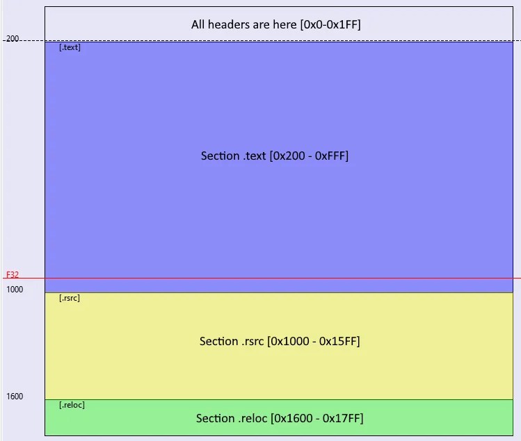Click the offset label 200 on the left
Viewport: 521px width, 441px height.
pos(13,39)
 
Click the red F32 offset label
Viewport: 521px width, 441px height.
pos(13,275)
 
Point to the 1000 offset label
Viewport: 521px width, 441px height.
pos(15,289)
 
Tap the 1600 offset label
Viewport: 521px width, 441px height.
pos(15,397)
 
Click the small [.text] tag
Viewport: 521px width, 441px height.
pos(70,48)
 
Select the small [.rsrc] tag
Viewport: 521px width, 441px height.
pos(70,299)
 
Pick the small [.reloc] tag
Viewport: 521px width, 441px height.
pos(72,405)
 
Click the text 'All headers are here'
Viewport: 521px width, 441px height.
pos(244,25)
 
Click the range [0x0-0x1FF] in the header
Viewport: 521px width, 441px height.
pos(330,25)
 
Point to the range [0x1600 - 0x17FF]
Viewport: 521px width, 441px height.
pos(317,418)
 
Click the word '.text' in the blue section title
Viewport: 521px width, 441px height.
pos(255,156)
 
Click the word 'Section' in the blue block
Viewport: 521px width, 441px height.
pos(220,156)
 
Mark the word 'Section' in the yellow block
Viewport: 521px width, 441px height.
pos(218,341)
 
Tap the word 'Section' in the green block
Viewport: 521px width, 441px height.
pos(215,418)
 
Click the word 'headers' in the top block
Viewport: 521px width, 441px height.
pos(229,25)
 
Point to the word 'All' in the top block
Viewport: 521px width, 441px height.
pos(199,25)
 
